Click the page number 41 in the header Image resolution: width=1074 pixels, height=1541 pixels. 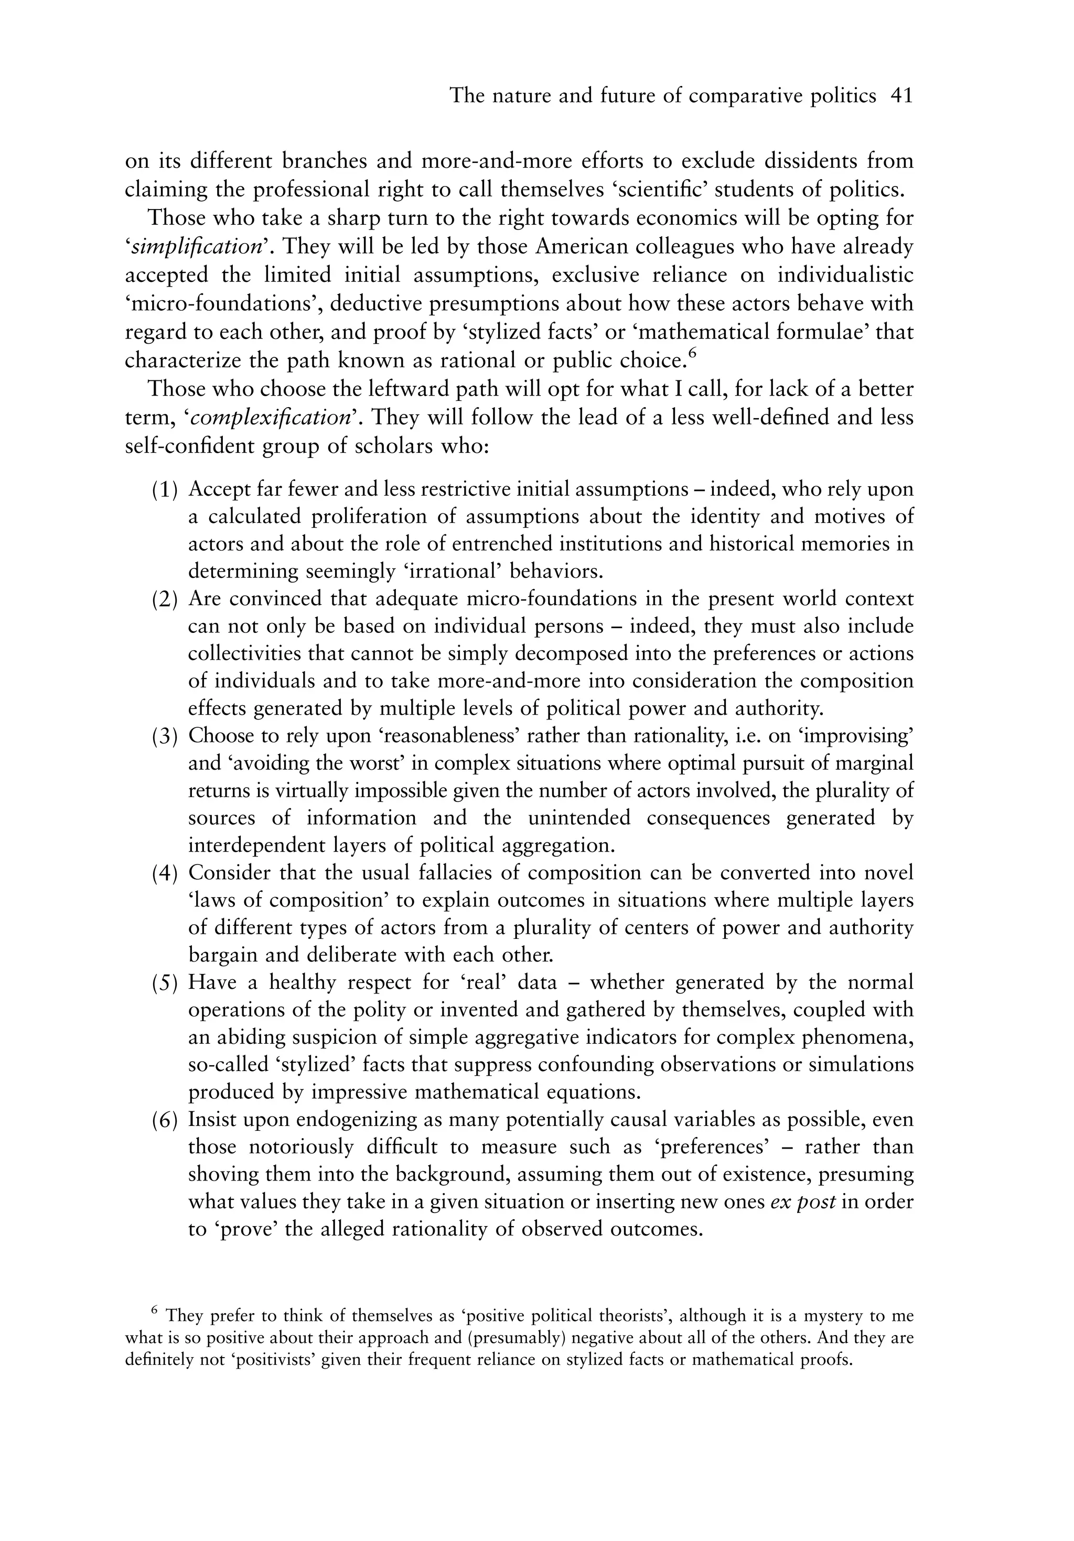(x=901, y=96)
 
